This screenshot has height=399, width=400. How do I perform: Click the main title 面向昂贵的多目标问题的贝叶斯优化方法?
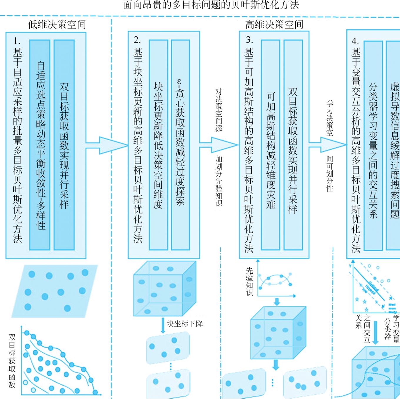click(x=211, y=5)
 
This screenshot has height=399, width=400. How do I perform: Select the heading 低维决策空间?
click(x=57, y=24)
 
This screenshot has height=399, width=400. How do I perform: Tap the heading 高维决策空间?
click(x=274, y=24)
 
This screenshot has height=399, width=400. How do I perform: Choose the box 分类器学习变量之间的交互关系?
click(x=373, y=146)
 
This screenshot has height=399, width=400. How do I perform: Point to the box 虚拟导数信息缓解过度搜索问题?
click(x=394, y=146)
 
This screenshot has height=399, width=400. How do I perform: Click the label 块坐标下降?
click(x=185, y=324)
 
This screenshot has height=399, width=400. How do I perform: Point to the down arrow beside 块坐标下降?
click(x=163, y=325)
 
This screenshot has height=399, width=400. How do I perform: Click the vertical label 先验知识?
click(x=249, y=281)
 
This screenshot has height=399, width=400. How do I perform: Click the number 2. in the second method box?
click(x=137, y=40)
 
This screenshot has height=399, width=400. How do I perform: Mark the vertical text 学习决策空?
click(x=330, y=118)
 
